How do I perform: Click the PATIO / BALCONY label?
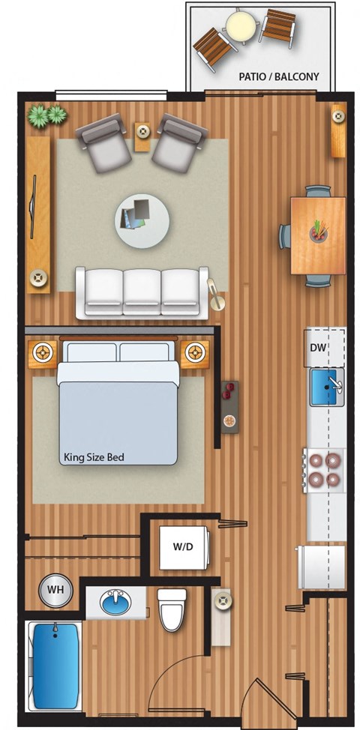278,76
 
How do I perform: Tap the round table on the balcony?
241,24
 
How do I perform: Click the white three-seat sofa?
142,292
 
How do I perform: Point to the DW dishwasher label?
317,348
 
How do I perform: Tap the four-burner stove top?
325,470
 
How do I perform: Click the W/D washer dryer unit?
183,547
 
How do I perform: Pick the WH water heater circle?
55,590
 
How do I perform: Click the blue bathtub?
55,666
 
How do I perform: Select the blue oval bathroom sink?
115,602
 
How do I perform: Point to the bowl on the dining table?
319,232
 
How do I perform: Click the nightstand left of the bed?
43,355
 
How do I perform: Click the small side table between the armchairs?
142,136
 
